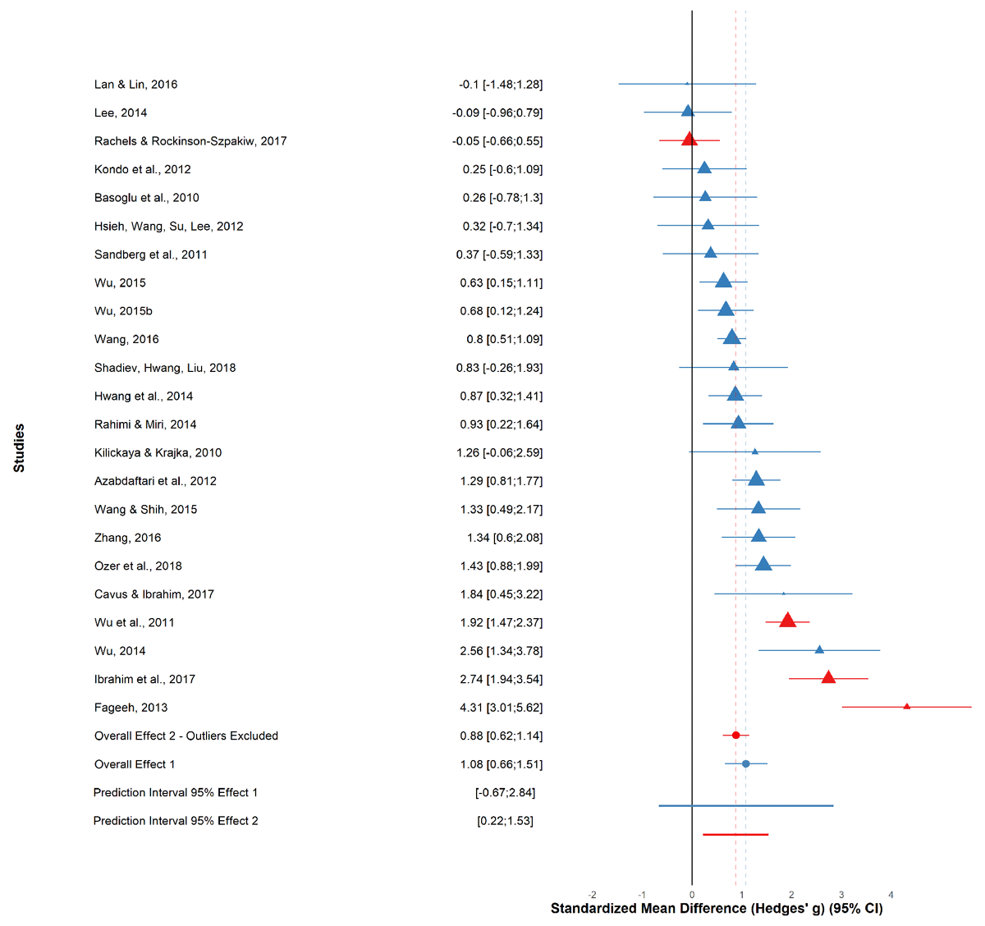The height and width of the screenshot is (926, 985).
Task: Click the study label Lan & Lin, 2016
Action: (135, 85)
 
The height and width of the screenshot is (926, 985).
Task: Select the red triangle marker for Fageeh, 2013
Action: (906, 706)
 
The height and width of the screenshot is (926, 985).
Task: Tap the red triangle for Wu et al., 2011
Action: (787, 621)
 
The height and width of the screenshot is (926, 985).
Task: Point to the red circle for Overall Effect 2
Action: (735, 736)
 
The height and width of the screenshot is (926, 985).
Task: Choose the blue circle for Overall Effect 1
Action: (745, 763)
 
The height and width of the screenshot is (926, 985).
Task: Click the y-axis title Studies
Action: (19, 447)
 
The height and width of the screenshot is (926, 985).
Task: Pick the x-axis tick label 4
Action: (891, 895)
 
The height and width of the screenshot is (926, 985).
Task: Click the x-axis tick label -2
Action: (592, 895)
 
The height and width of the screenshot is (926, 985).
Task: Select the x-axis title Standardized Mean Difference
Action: (717, 908)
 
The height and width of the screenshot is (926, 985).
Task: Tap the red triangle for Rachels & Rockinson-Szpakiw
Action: (689, 140)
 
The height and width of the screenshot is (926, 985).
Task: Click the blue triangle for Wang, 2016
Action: (731, 337)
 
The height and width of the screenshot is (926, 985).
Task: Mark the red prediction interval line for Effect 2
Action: (735, 834)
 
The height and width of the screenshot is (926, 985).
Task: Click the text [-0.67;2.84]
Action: (505, 792)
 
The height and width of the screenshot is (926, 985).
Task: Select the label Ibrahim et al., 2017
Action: (144, 679)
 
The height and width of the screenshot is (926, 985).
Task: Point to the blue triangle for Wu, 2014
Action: (818, 649)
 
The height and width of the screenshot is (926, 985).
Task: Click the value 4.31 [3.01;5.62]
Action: (501, 708)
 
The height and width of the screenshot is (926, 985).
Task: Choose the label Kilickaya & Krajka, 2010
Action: (158, 452)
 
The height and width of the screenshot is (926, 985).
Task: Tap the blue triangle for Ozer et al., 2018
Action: (763, 564)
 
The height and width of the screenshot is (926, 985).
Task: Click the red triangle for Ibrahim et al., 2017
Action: (828, 677)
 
